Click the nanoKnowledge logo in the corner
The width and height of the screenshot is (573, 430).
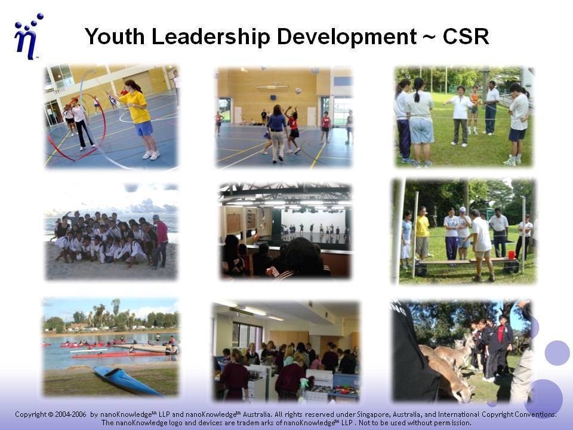28,36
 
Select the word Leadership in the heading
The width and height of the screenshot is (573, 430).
211,37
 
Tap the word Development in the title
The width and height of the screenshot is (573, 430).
346,37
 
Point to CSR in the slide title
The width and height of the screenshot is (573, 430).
466,36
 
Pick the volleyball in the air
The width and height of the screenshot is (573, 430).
298,90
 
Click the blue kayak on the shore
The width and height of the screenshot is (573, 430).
126,381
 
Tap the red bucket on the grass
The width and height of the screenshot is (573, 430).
512,254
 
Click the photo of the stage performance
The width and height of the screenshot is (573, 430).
285,230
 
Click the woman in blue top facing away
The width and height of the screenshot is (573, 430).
276,133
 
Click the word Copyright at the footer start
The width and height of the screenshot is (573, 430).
31,414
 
